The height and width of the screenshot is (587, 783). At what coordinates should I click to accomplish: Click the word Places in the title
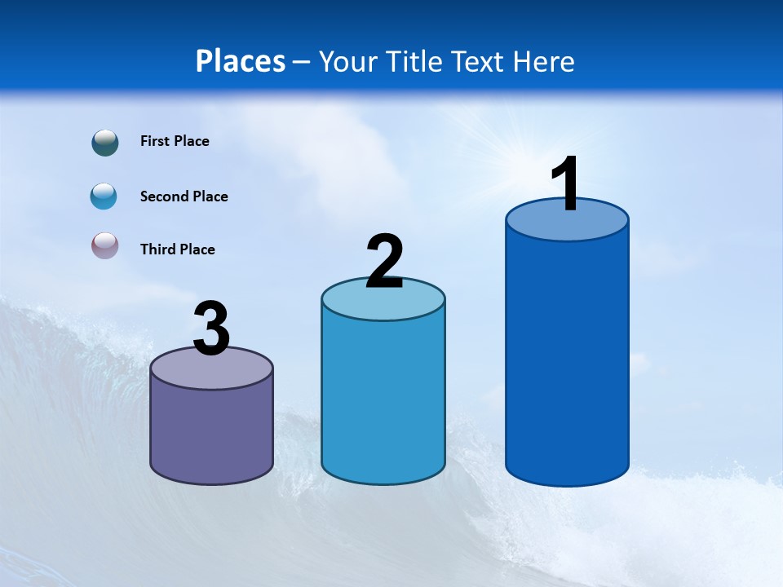241,61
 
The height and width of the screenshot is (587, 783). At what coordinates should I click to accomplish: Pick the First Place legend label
175,141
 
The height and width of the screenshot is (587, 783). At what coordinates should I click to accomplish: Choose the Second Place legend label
184,196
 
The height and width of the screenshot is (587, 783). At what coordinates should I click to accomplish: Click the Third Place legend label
177,249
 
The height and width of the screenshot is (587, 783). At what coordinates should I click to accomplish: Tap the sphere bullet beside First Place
105,143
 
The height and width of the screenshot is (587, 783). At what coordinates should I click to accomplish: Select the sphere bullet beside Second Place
104,196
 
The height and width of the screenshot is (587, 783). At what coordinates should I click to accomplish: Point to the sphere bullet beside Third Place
104,246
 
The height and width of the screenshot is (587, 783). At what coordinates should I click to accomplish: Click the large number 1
565,184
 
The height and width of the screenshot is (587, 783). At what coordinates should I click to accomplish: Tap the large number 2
384,262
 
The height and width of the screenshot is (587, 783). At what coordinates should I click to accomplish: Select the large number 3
211,329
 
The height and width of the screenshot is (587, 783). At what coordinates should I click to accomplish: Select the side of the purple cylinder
211,432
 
